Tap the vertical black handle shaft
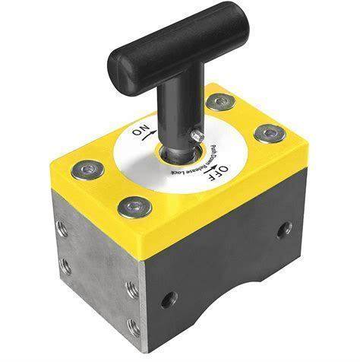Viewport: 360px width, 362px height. pyautogui.click(x=181, y=112)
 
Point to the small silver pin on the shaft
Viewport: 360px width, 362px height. pyautogui.click(x=197, y=135)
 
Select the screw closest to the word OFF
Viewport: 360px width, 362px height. pyautogui.click(x=270, y=133)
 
